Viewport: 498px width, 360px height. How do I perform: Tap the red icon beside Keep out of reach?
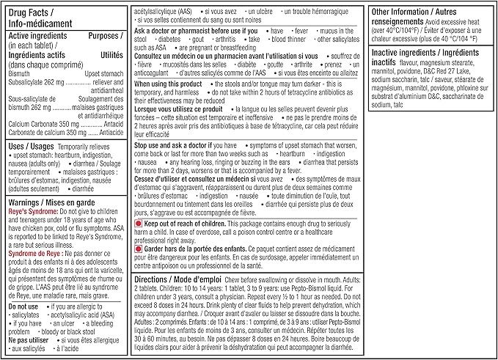click(x=138, y=223)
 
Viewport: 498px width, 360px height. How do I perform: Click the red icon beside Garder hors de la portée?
click(x=138, y=249)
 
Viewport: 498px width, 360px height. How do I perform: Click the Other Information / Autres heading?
click(x=418, y=12)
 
